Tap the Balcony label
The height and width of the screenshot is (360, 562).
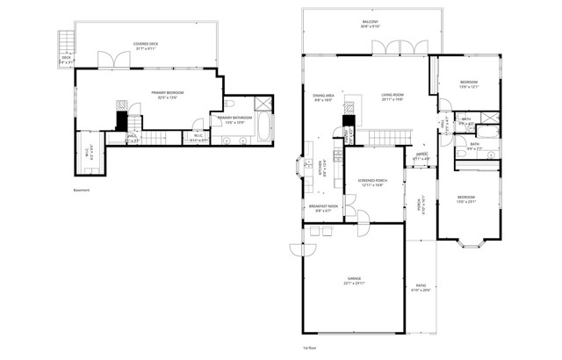pyautogui.click(x=369, y=24)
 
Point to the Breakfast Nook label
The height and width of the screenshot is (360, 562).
pyautogui.click(x=323, y=207)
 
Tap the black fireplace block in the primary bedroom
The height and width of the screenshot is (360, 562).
pyautogui.click(x=122, y=120)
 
